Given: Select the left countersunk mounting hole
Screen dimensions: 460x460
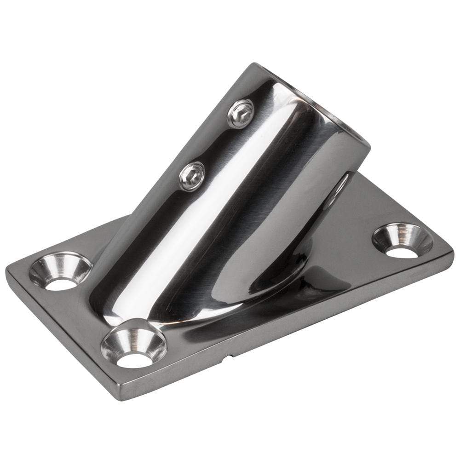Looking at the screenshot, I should click(60, 275).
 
